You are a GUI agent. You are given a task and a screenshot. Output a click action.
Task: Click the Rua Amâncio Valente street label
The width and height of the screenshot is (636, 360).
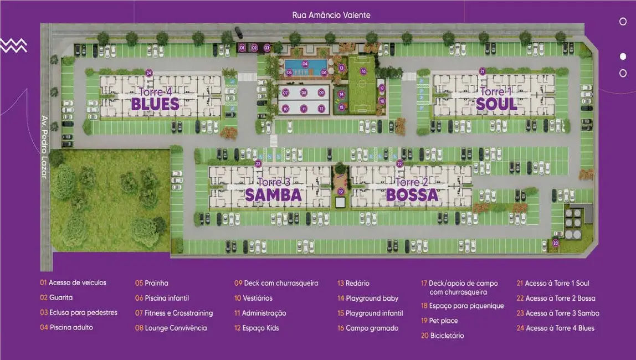tap(331, 15)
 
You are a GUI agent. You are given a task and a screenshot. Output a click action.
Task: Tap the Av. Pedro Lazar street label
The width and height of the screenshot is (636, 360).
tap(44, 146)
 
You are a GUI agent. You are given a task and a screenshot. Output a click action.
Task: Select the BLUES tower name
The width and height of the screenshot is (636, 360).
tap(155, 104)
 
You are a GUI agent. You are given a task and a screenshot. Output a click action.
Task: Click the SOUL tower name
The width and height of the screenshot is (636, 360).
tap(496, 104)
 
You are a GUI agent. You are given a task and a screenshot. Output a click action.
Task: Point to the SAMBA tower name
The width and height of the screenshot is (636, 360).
tap(273, 195)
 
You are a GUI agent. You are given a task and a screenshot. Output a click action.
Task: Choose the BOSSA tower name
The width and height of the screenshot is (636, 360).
tap(412, 195)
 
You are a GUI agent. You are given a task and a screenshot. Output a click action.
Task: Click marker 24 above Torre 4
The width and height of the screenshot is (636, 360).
tap(148, 73)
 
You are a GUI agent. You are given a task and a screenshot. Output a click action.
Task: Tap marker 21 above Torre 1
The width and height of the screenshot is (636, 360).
tap(482, 71)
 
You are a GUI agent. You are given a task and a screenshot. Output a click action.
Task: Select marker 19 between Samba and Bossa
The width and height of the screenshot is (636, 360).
tap(341, 192)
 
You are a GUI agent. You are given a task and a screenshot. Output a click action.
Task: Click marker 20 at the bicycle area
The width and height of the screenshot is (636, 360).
tap(556, 243)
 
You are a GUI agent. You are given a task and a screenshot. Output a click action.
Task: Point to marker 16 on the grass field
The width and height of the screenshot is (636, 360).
tap(363, 71)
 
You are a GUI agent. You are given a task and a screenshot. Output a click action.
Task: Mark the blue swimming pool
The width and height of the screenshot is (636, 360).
tap(305, 66)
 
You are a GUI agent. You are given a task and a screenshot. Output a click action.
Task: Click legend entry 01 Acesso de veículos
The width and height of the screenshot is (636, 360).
tap(73, 282)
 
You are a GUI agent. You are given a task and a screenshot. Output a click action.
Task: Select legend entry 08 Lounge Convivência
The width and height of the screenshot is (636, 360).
tap(171, 328)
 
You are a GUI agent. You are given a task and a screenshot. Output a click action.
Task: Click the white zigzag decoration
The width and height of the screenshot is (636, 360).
tap(13, 46)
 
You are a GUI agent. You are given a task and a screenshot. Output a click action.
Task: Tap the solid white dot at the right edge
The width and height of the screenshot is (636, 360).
tap(623, 56)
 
